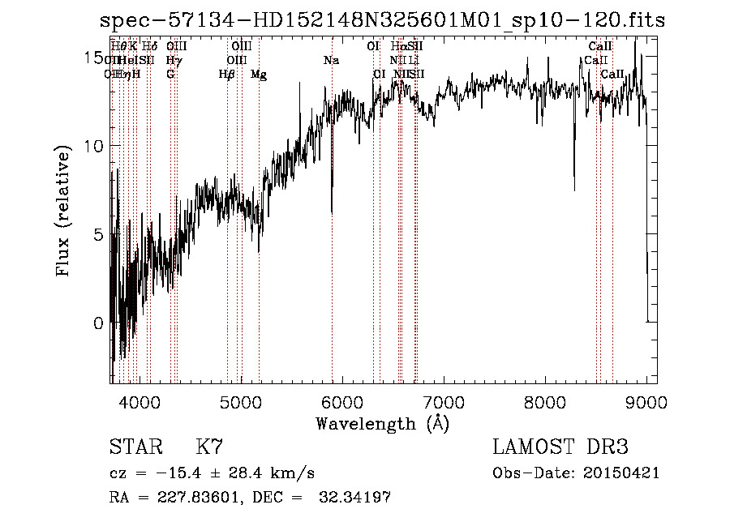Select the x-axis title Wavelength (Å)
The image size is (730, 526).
382,423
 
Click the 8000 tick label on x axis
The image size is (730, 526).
544,401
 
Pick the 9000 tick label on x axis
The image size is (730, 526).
646,401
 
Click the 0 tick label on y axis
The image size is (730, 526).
98,323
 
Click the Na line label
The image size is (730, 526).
331,61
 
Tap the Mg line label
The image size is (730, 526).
259,75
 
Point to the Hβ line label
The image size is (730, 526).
227,75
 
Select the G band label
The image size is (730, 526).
170,75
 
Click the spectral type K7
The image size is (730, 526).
209,447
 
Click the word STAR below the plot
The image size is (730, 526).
135,447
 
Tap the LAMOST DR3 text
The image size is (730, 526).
560,447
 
